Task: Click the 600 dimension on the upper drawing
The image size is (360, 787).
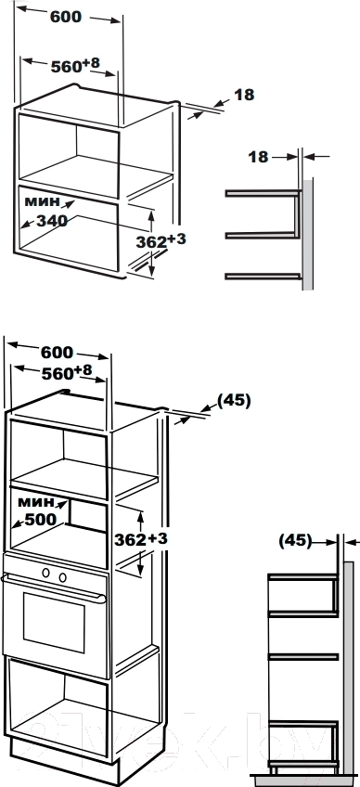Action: tap(66, 17)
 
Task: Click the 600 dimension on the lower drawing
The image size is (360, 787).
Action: tap(57, 353)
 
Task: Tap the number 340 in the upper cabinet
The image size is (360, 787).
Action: tap(51, 220)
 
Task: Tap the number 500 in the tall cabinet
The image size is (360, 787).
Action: tap(41, 520)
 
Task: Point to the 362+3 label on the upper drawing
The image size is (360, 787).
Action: tap(161, 241)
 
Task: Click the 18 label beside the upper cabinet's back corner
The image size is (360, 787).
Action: tap(245, 95)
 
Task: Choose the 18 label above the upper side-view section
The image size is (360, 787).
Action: tap(259, 157)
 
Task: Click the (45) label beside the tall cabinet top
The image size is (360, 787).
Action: tap(234, 401)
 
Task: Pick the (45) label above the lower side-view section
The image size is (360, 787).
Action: tap(295, 541)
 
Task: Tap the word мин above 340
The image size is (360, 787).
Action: tap(42, 201)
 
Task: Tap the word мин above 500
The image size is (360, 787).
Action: tap(34, 501)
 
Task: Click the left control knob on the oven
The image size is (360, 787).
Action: tap(45, 572)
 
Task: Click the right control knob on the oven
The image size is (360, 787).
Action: tap(62, 577)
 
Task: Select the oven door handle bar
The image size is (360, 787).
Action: tap(54, 587)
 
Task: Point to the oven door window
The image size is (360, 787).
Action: tap(54, 622)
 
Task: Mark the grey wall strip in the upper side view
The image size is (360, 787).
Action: tap(307, 233)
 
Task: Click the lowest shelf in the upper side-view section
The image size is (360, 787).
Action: tap(264, 276)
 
